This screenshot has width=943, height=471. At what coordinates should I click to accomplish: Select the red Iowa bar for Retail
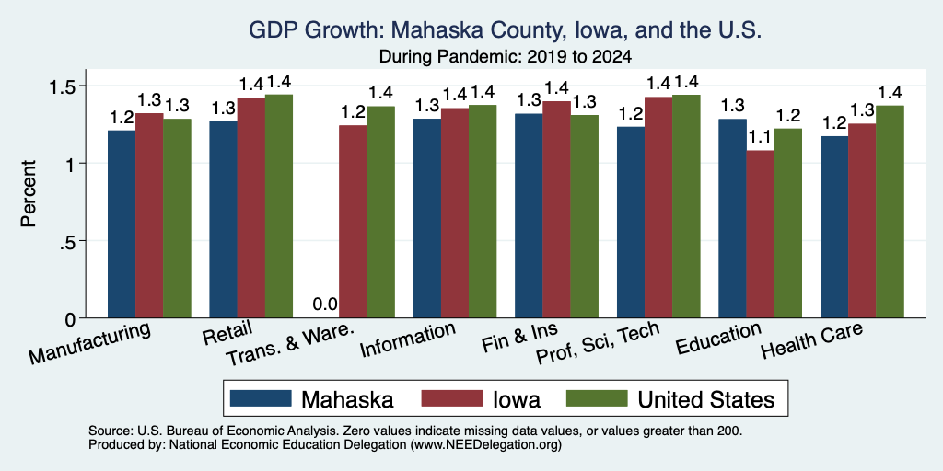click(250, 208)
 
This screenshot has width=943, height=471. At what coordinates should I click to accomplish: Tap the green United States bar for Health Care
click(891, 212)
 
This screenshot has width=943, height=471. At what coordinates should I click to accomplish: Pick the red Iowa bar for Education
click(760, 235)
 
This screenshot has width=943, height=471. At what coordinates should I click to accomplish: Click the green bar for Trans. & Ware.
click(380, 213)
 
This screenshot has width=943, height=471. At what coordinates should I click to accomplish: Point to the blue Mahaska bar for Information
click(427, 218)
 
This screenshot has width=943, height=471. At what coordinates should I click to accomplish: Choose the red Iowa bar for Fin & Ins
click(556, 210)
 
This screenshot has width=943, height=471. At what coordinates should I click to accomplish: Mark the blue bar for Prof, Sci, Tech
click(630, 223)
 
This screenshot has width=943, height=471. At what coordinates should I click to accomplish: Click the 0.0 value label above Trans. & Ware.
click(325, 304)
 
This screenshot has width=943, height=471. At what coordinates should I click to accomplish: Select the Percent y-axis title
click(29, 193)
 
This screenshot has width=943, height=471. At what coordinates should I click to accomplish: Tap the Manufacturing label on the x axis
click(89, 343)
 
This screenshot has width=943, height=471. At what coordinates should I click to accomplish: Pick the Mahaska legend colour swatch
click(261, 398)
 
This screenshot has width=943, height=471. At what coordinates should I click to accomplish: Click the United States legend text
click(706, 399)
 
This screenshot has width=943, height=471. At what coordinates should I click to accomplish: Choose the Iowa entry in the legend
click(481, 399)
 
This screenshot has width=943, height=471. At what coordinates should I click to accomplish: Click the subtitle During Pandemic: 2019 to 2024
click(506, 57)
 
